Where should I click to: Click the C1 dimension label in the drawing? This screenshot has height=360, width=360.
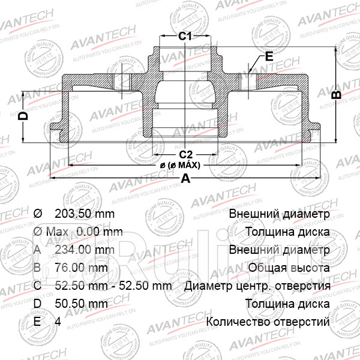(x=185, y=37)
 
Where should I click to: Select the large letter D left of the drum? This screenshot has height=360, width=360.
(x=23, y=116)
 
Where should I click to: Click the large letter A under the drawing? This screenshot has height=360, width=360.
(x=185, y=178)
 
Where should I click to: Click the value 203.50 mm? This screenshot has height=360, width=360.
(x=84, y=214)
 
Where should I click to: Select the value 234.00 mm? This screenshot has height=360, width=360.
(x=84, y=250)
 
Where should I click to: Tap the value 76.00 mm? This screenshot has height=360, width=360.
(x=81, y=268)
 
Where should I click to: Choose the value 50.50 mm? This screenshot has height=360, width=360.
(x=81, y=304)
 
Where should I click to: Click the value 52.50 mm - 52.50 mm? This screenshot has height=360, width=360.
(x=113, y=286)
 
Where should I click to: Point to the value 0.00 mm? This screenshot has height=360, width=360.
(x=101, y=232)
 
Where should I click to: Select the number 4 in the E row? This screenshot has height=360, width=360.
(x=58, y=322)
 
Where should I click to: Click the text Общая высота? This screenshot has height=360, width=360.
(x=290, y=268)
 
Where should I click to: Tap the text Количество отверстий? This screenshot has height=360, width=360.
(x=268, y=322)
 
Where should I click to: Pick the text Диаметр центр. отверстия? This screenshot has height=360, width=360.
(x=258, y=286)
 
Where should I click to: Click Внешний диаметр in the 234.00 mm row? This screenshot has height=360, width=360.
(x=279, y=250)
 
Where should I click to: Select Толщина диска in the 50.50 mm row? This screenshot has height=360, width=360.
(x=287, y=304)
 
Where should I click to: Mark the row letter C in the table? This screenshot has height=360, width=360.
(x=37, y=286)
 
